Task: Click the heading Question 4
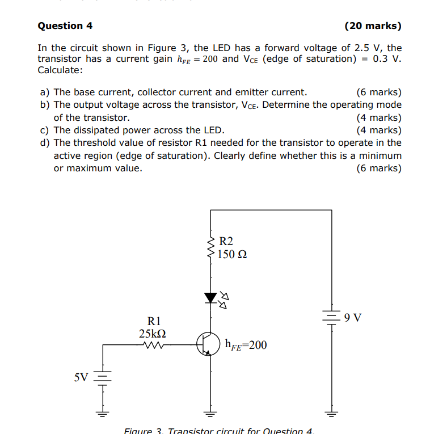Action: pos(65,26)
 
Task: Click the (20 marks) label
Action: pos(372,26)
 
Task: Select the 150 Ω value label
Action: pos(232,254)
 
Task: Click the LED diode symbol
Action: pos(211,297)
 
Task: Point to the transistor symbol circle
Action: pos(209,343)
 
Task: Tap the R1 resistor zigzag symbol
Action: pos(154,343)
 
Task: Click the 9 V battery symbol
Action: pos(331,317)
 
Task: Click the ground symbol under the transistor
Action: pos(210,412)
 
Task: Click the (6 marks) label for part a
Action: pos(378,92)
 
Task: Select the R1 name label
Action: pos(154,321)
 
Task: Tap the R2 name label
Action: pos(226,241)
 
